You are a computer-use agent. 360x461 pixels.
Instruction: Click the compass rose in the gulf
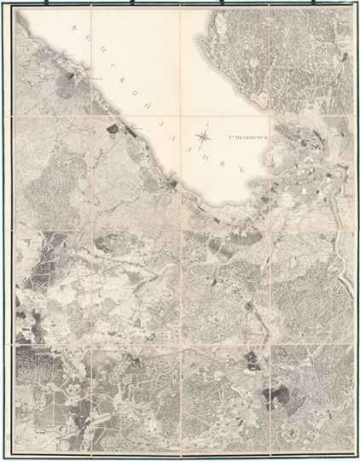point(205,134)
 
